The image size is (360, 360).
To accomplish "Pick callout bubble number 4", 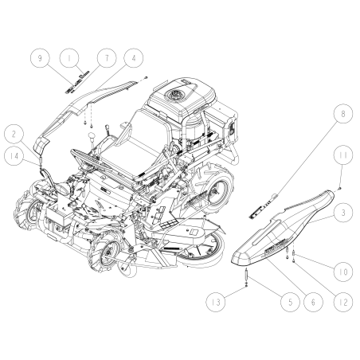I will point(133,59).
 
